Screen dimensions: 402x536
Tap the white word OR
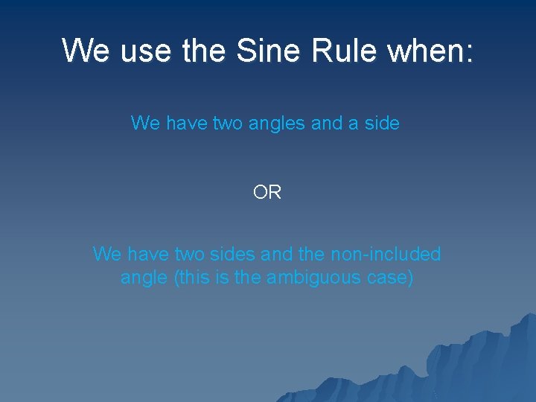pos(267,193)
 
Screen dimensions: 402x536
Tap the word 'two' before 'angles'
pos(212,123)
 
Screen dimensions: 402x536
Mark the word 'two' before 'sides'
pos(193,255)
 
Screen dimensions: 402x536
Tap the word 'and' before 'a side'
pos(326,123)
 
